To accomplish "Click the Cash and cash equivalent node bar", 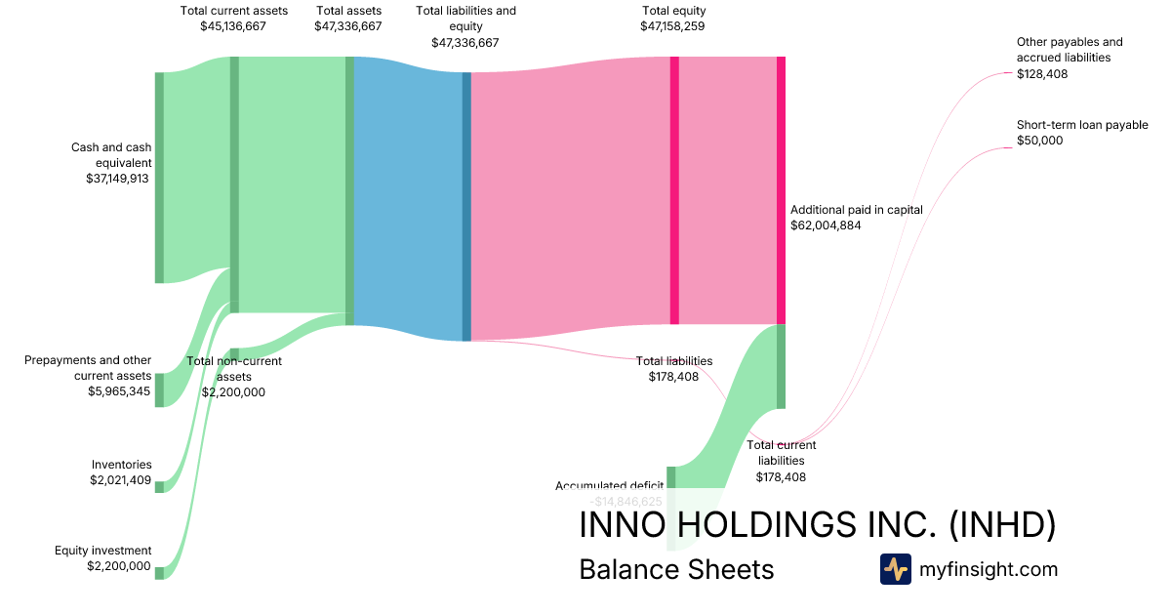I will pos(159,178).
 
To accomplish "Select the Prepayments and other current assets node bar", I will pos(159,389).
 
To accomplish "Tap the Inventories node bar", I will pos(159,486).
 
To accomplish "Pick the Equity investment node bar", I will pos(159,573).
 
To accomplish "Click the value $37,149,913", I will pos(117,179).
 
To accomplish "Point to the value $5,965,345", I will pos(119,390).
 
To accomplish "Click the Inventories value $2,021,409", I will pos(119,480).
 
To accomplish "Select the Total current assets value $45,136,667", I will pos(233,26).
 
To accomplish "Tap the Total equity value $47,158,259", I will pos(673,26).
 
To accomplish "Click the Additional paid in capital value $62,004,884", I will pos(826,225).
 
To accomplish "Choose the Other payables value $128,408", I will pos(1042,73).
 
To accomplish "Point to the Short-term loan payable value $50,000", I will pos(1039,141).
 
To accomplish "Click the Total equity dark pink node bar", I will pos(674,190).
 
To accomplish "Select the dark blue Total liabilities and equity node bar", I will pos(466,206).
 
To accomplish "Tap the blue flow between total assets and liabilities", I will pos(408,195).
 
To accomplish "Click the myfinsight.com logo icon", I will pos(895,569).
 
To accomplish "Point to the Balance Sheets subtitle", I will pos(676,569).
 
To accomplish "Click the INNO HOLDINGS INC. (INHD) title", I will pos(817,524).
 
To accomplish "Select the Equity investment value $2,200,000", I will pos(119,566).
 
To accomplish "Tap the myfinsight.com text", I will pos(989,569).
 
